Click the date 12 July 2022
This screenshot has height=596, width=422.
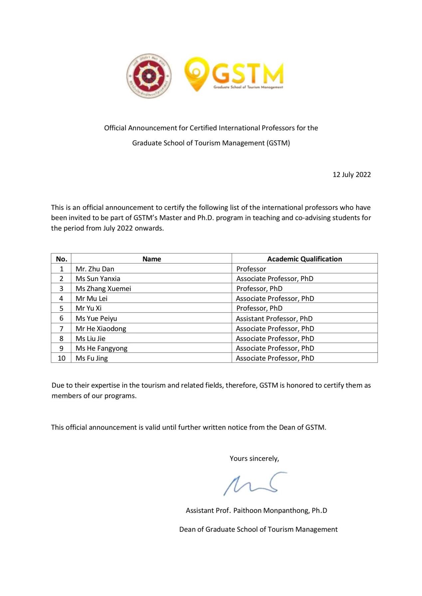351,175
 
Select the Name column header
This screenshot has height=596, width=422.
151,259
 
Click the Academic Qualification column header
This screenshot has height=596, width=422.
304,259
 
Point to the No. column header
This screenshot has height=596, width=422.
62,259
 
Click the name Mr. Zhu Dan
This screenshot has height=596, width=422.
95,269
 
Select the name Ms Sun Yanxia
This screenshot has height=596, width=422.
98,278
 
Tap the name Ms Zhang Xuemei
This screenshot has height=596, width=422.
103,288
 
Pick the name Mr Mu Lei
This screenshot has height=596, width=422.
92,298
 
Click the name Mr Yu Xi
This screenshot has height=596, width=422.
89,308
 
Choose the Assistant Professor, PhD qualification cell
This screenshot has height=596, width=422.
274,319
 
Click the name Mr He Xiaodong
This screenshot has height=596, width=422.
101,329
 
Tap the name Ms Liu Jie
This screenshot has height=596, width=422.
91,339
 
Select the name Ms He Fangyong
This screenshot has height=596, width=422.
102,348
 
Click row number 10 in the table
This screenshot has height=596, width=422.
62,358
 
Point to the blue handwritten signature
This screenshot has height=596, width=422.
255,483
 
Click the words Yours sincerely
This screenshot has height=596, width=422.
254,458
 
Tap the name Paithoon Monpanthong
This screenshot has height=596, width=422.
272,511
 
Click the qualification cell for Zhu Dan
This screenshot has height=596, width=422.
251,269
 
